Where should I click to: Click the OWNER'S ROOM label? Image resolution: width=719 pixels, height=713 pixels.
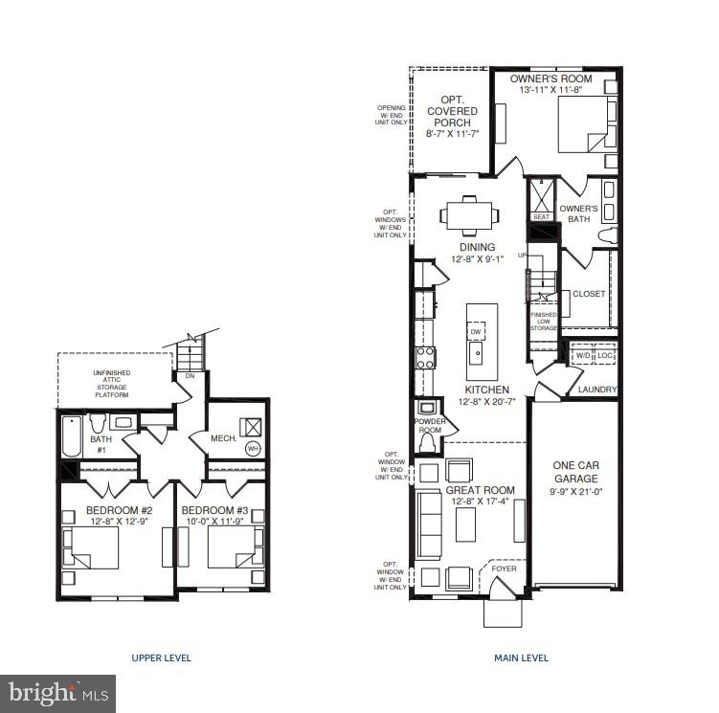coord(550,78)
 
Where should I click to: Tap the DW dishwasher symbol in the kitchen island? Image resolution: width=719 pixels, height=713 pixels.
coord(475,331)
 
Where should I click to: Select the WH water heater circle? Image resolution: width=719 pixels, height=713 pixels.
coord(253,447)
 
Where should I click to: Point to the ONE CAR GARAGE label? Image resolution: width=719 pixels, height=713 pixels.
coord(575,472)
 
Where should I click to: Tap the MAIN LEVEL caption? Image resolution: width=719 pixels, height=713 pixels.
coord(521,657)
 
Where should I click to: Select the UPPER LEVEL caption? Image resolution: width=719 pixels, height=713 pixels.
coord(161,657)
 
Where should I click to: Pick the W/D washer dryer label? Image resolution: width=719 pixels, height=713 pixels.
coord(583,356)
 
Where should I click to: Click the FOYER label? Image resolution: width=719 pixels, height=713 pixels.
coord(503,568)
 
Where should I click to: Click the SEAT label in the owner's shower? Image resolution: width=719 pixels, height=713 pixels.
coord(541,216)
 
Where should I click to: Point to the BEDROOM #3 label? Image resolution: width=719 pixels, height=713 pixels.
coord(215,510)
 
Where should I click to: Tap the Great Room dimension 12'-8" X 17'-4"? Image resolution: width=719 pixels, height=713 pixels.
coord(480,502)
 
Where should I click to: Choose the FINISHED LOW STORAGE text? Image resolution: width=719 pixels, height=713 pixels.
coord(544,321)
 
